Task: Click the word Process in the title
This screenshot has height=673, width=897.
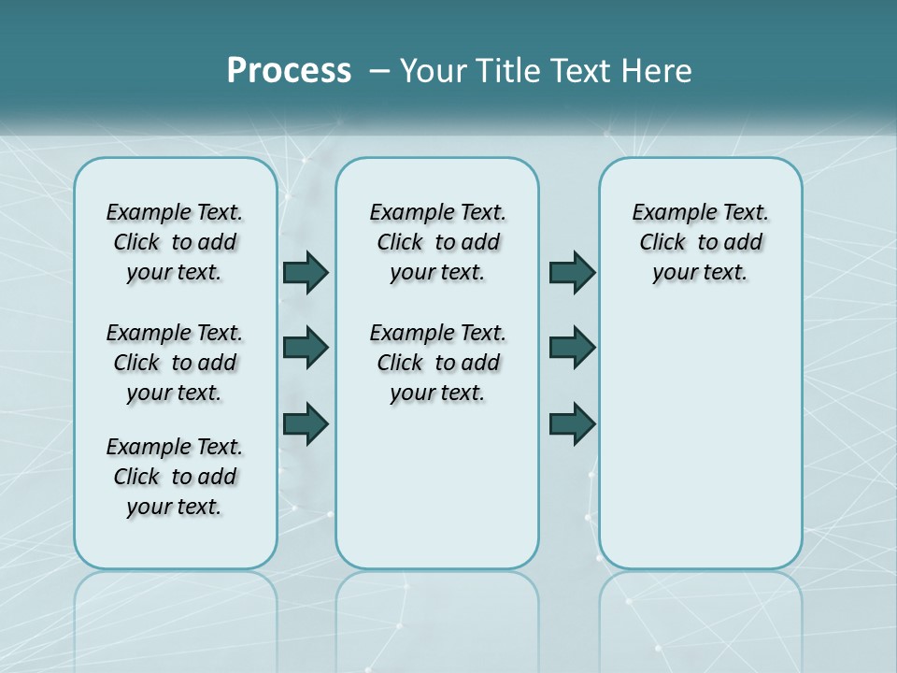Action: pyautogui.click(x=289, y=70)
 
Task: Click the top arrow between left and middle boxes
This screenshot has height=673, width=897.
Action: pyautogui.click(x=306, y=272)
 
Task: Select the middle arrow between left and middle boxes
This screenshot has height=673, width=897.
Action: pyautogui.click(x=306, y=348)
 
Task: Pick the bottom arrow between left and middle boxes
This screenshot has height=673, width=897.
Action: pyautogui.click(x=306, y=423)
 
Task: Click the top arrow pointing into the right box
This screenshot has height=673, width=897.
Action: pyautogui.click(x=572, y=272)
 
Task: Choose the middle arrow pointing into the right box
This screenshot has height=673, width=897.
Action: pyautogui.click(x=572, y=348)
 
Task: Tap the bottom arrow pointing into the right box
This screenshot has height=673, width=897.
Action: pyautogui.click(x=572, y=423)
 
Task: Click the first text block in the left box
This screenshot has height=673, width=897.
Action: pyautogui.click(x=175, y=242)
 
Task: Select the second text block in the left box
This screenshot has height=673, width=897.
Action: pyautogui.click(x=175, y=363)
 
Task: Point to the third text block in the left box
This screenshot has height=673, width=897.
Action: pyautogui.click(x=175, y=477)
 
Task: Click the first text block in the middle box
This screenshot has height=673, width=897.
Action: pyautogui.click(x=437, y=242)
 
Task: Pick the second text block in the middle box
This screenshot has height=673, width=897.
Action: pyautogui.click(x=437, y=363)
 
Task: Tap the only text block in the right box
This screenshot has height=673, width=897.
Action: pyautogui.click(x=700, y=242)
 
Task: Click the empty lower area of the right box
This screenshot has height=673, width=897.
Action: pyautogui.click(x=700, y=439)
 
